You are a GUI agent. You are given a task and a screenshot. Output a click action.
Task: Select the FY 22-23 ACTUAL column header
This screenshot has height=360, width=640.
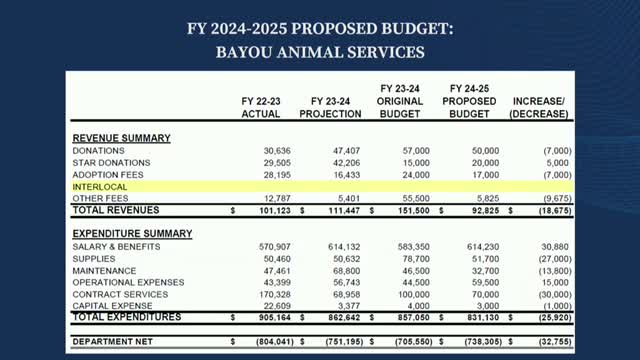coord(261,107)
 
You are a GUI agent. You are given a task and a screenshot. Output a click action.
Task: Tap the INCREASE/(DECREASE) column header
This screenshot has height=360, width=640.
coord(540,107)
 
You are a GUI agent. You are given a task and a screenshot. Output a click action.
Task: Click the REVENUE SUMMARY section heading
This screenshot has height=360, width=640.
coord(121,137)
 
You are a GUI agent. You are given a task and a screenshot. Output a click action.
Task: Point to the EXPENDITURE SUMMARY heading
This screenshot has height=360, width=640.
coord(132,233)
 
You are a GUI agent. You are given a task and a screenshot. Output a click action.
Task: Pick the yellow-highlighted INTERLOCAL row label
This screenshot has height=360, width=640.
coord(101,186)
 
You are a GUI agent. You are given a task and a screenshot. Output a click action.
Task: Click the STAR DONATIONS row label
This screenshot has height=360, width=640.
coord(112,162)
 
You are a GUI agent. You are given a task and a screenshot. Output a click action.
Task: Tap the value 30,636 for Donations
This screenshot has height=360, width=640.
coord(263,150)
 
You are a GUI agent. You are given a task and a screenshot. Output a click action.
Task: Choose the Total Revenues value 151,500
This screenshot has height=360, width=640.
coord(410,211)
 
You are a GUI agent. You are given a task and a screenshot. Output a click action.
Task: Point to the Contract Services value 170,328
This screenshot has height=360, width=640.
coord(261,294)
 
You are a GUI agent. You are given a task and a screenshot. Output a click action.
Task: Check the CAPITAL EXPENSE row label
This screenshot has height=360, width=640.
coord(112,306)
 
